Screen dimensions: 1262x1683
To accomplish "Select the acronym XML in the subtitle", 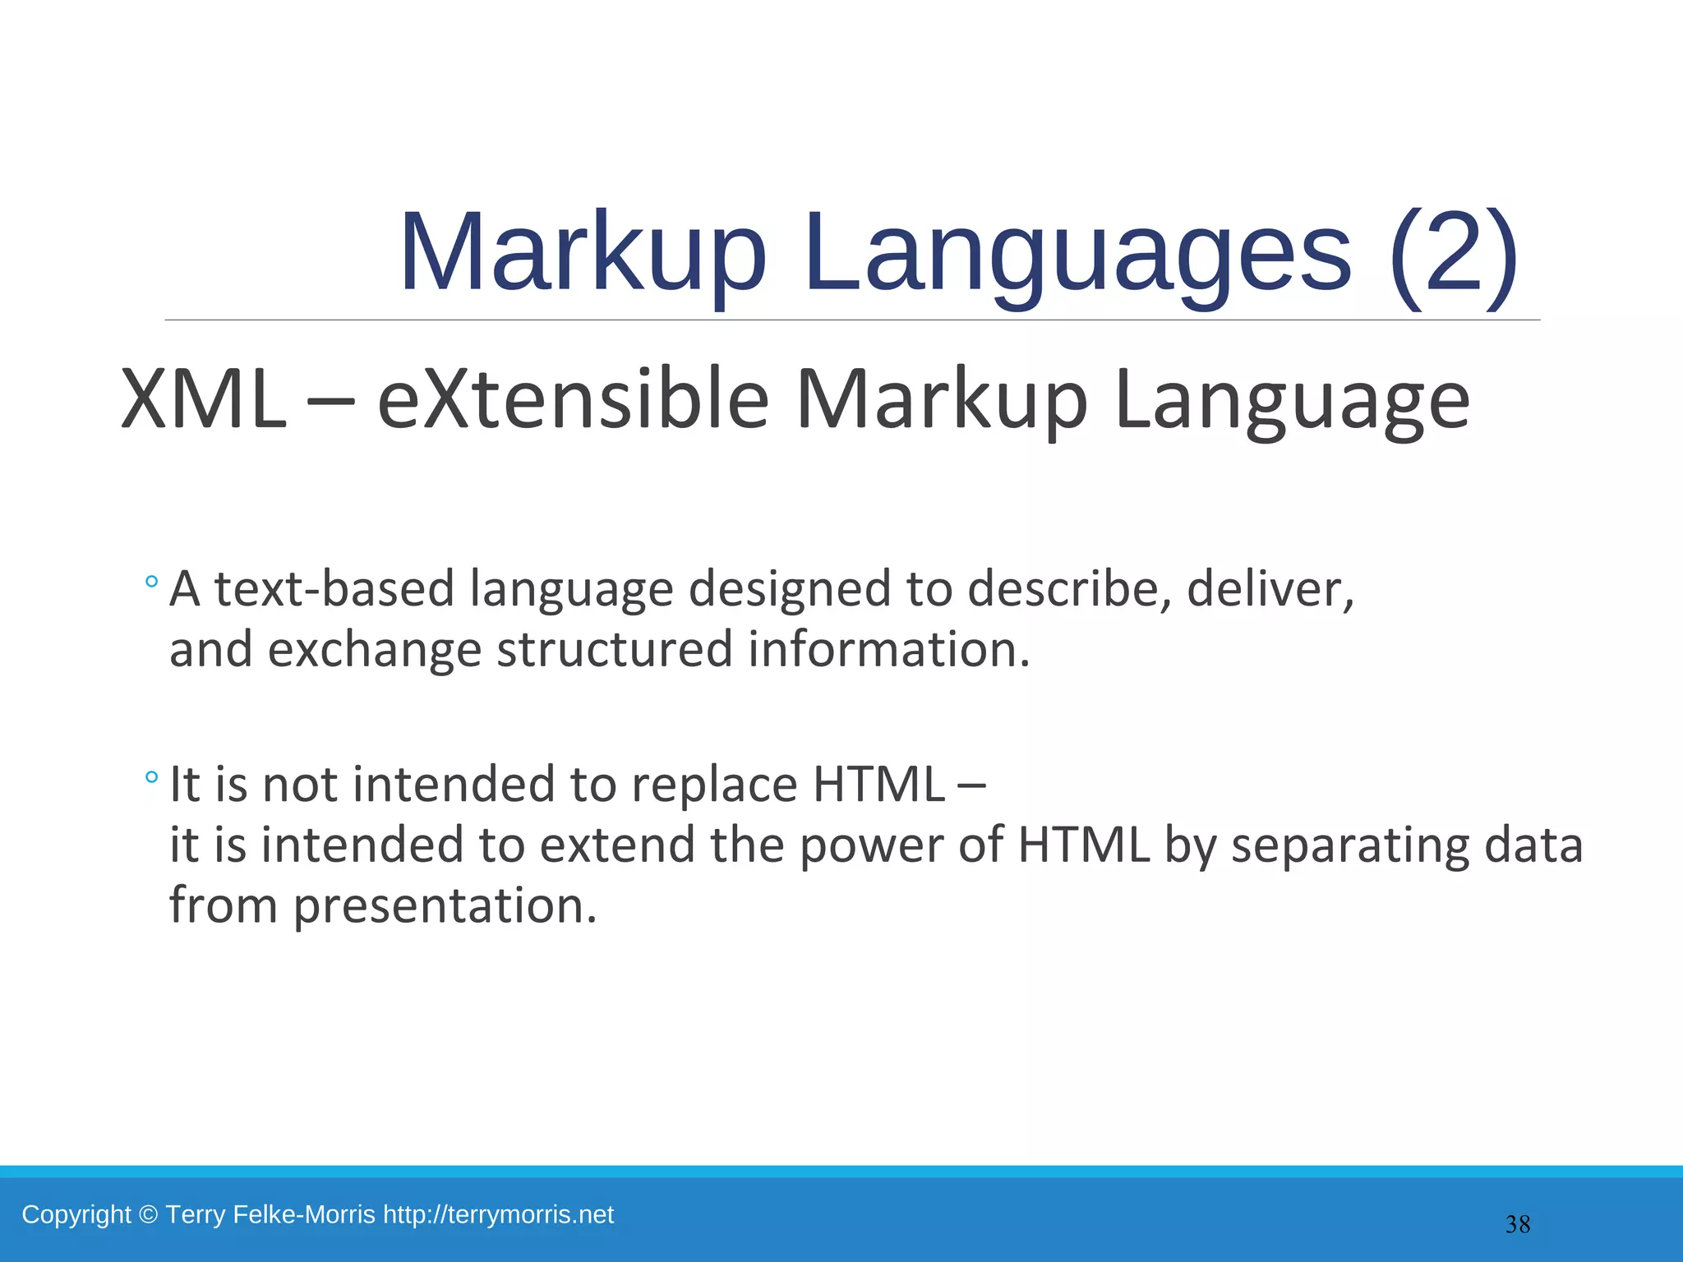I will tap(203, 400).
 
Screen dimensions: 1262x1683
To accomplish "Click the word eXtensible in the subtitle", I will tap(573, 400).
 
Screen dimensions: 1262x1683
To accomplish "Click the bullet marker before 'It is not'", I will tap(150, 777).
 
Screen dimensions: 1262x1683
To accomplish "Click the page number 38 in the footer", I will tap(1518, 1225).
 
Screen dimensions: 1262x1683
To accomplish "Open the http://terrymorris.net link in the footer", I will tap(498, 1214).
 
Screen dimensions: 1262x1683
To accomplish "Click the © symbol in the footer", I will tap(148, 1214).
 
